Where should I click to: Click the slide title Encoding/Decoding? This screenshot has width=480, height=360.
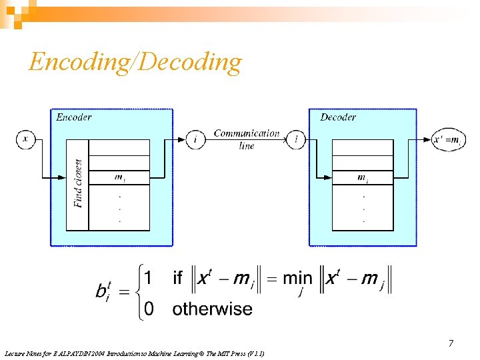pyautogui.click(x=135, y=62)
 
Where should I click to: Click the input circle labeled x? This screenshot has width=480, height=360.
pyautogui.click(x=26, y=139)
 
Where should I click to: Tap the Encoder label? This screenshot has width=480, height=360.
pyautogui.click(x=74, y=117)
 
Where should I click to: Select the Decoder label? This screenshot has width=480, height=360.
pyautogui.click(x=338, y=117)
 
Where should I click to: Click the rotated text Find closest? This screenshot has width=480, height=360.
pyautogui.click(x=79, y=183)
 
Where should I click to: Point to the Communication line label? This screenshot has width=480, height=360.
pyautogui.click(x=247, y=139)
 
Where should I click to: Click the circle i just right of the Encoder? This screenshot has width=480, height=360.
pyautogui.click(x=195, y=139)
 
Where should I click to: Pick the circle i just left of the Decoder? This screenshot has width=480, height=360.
pyautogui.click(x=296, y=139)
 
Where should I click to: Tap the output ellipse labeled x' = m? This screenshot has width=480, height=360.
pyautogui.click(x=447, y=139)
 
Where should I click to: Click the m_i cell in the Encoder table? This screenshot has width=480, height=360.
pyautogui.click(x=119, y=177)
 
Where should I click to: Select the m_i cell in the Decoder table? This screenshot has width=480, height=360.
pyautogui.click(x=363, y=177)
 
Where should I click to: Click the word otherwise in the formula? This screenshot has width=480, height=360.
pyautogui.click(x=212, y=309)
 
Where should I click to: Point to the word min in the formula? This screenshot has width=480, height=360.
pyautogui.click(x=297, y=278)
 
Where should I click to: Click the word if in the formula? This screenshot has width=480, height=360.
pyautogui.click(x=178, y=278)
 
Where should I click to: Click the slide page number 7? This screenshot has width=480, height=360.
pyautogui.click(x=451, y=343)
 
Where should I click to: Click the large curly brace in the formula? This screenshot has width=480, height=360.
pyautogui.click(x=135, y=292)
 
